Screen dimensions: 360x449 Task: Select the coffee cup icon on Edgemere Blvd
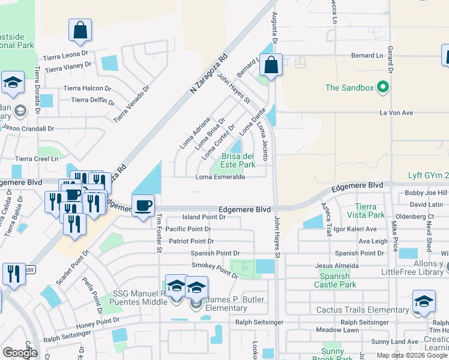[x=143, y=206]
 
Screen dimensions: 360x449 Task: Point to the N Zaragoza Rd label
[x=209, y=73]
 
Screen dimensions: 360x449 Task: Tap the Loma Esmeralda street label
[x=220, y=177]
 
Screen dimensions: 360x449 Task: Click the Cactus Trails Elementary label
[x=363, y=310]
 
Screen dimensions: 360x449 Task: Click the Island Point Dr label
[x=204, y=217]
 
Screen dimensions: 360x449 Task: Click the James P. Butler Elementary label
[x=226, y=304]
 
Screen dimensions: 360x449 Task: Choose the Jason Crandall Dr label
[x=28, y=128]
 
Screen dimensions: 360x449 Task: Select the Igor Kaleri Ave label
[x=355, y=229]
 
